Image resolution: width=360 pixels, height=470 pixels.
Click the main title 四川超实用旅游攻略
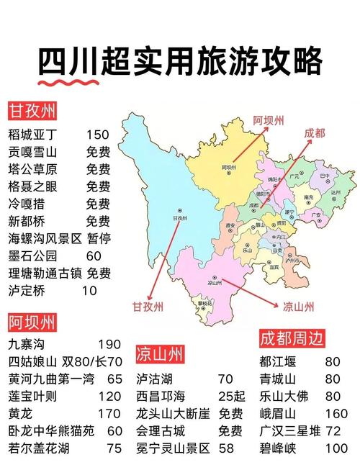[179, 60]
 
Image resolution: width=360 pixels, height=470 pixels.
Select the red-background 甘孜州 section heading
[32, 112]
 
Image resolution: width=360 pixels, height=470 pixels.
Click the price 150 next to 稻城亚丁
[97, 135]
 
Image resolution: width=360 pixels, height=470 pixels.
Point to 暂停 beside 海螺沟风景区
[99, 238]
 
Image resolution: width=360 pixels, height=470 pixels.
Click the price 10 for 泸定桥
[89, 290]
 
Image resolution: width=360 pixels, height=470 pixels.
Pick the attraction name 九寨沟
[27, 345]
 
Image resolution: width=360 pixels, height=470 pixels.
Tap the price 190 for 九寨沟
[109, 345]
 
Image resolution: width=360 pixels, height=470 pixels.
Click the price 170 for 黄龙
[109, 414]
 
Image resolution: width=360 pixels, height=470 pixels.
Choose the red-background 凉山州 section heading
[159, 355]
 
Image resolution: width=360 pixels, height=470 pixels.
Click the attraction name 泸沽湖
[156, 379]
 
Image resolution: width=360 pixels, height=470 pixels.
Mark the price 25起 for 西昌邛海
[231, 397]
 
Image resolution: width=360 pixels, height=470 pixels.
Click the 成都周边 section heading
[292, 338]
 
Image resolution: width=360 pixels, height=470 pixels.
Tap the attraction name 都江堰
[279, 362]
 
